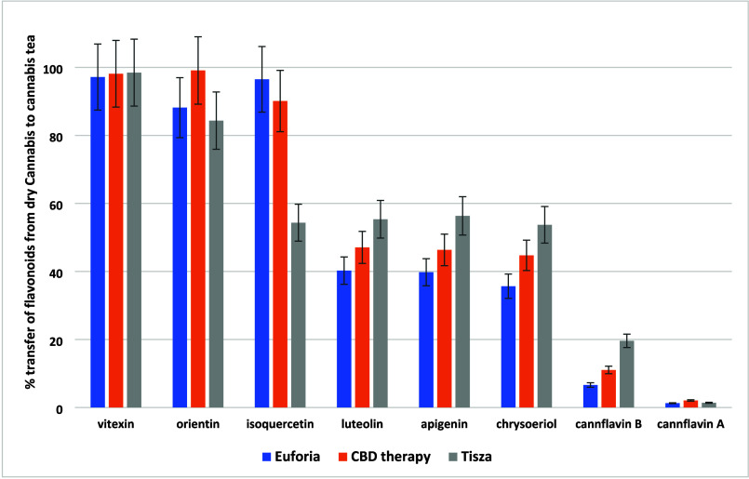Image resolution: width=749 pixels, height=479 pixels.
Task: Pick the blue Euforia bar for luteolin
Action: [344, 339]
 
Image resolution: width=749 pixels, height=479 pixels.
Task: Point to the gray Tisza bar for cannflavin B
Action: [626, 374]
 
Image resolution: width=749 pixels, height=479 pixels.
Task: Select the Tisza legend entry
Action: [475, 457]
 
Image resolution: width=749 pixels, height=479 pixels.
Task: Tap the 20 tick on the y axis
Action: [66, 340]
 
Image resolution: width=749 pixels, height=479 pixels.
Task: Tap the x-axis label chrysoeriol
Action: [527, 426]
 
